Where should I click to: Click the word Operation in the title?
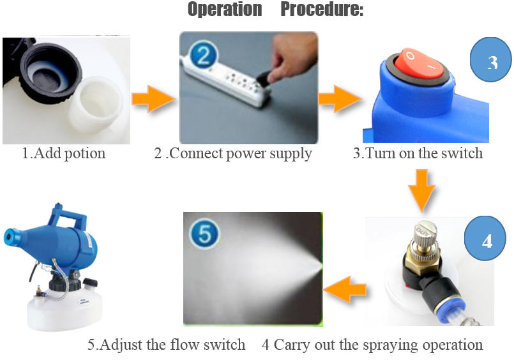(225, 9)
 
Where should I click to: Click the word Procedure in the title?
(322, 9)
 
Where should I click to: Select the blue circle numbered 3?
(491, 59)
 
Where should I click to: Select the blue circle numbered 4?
(485, 239)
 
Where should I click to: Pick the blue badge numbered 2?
(204, 55)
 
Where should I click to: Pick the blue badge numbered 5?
(205, 234)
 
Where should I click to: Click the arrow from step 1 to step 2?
(153, 98)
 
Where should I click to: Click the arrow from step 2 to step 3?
(340, 98)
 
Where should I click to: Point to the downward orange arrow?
(421, 190)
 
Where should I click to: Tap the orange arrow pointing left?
(345, 289)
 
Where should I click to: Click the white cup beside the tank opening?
(96, 105)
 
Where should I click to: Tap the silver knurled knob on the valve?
(424, 235)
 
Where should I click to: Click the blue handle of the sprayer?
(67, 217)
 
